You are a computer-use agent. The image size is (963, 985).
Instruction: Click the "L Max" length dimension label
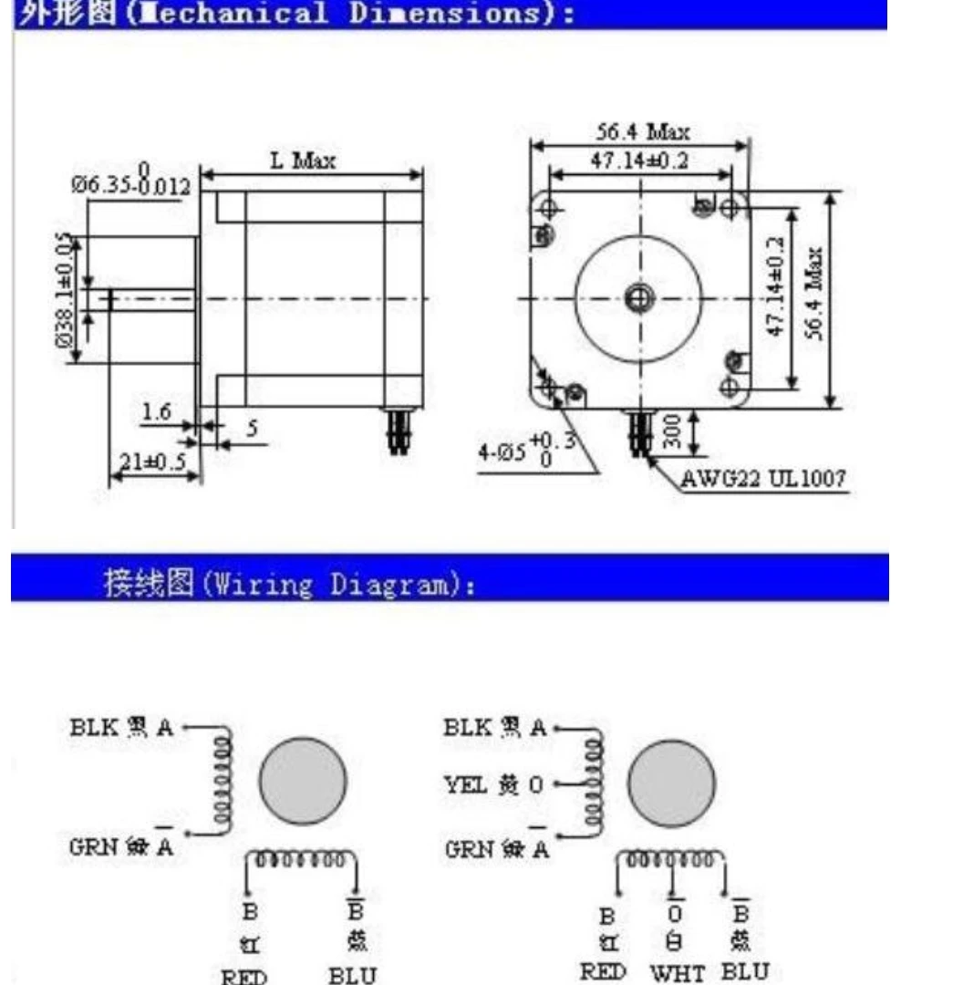[303, 161]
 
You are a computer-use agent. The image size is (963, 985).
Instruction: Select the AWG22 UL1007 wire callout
[764, 478]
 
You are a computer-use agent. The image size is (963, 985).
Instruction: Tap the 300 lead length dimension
[672, 432]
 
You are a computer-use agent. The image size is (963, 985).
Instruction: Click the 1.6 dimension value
[157, 412]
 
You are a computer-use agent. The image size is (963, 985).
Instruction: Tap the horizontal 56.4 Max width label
[649, 131]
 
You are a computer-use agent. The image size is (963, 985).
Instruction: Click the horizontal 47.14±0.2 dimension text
[639, 161]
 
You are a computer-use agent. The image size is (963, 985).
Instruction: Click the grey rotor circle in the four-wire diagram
[304, 783]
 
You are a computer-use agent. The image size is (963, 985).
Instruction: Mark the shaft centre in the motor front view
[639, 297]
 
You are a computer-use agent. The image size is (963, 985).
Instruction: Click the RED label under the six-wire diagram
[603, 972]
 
